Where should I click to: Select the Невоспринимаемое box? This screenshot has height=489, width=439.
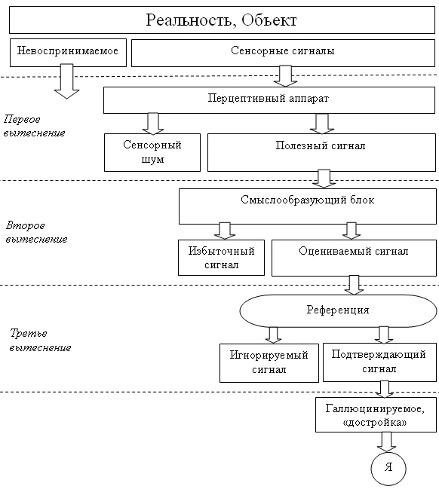(x=68, y=52)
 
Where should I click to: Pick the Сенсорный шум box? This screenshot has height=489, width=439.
(x=152, y=152)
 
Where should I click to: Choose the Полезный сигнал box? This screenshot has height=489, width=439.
(x=321, y=152)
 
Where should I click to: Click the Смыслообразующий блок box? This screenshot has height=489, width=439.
(x=307, y=206)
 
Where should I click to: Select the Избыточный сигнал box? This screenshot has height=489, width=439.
(x=221, y=258)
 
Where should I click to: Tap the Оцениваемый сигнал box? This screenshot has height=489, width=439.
(x=353, y=258)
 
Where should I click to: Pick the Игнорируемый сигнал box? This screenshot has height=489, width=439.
(x=269, y=362)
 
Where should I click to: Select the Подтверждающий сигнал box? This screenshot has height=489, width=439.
(x=379, y=362)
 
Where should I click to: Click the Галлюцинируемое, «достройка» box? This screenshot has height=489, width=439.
(x=375, y=414)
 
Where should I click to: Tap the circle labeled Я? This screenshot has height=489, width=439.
(x=388, y=468)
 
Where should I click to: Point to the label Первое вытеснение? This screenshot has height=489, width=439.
(x=33, y=126)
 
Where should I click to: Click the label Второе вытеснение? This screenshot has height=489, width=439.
(x=36, y=232)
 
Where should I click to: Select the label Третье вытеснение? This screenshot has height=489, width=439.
(x=39, y=340)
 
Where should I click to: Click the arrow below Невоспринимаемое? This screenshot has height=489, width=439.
(x=67, y=81)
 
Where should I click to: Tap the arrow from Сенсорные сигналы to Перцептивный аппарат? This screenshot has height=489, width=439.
(x=286, y=76)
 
